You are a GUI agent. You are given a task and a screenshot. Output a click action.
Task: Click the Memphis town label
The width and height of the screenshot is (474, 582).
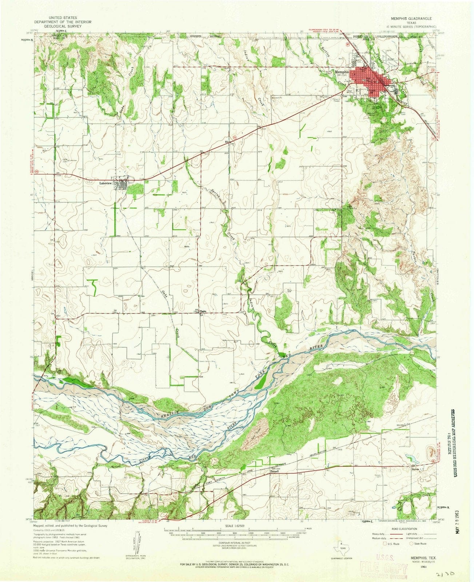coord(341,72)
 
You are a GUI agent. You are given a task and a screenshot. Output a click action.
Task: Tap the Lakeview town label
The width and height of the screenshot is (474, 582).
coord(107,183)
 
